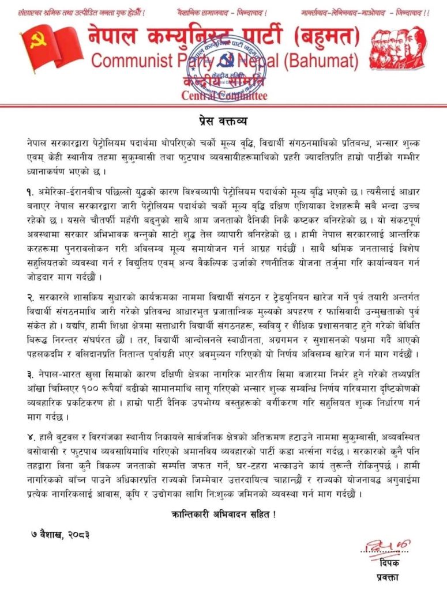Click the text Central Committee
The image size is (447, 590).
pyautogui.click(x=224, y=96)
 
